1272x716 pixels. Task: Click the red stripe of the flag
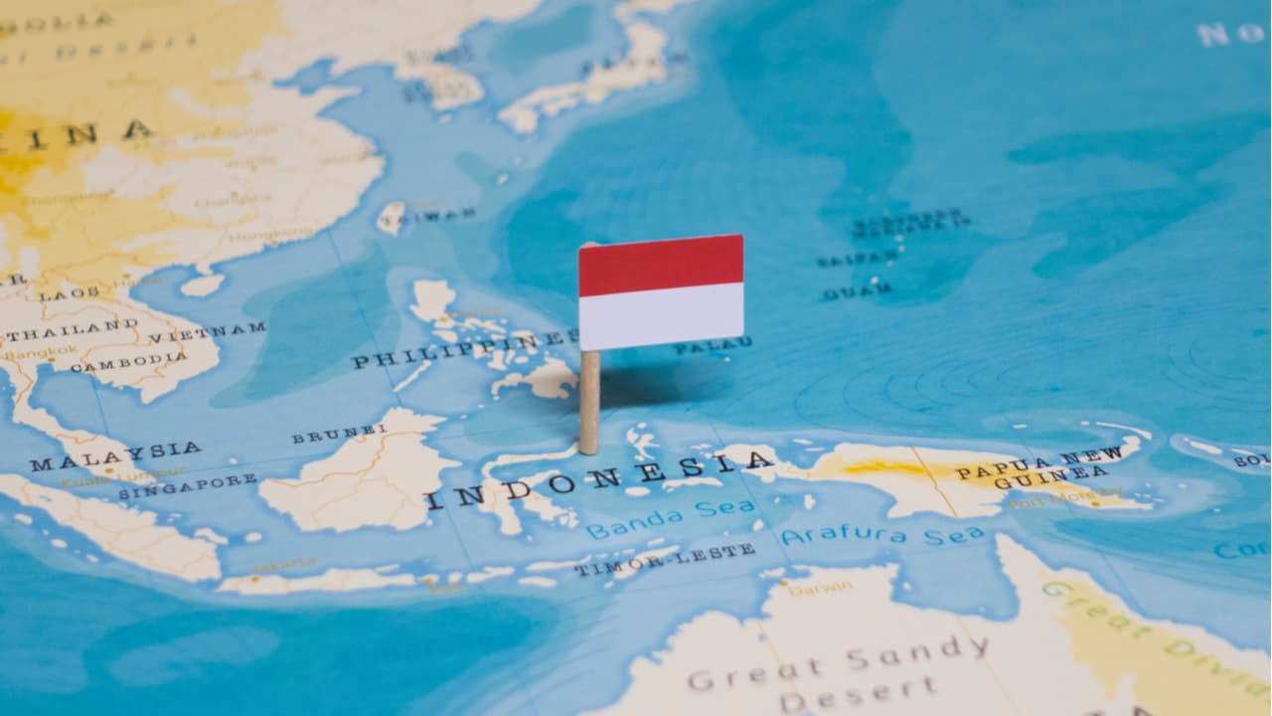pyautogui.click(x=661, y=264)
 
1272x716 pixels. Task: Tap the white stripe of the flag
pyautogui.click(x=661, y=316)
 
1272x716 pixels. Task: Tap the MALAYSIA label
pyautogui.click(x=115, y=456)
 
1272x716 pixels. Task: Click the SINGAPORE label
pyautogui.click(x=187, y=486)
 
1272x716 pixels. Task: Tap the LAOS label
pyautogui.click(x=70, y=294)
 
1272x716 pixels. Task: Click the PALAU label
pyautogui.click(x=712, y=346)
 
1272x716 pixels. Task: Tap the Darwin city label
pyautogui.click(x=820, y=588)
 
